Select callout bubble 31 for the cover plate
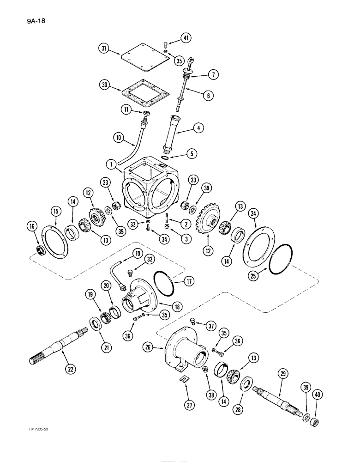[104, 49]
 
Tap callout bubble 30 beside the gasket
[104, 85]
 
